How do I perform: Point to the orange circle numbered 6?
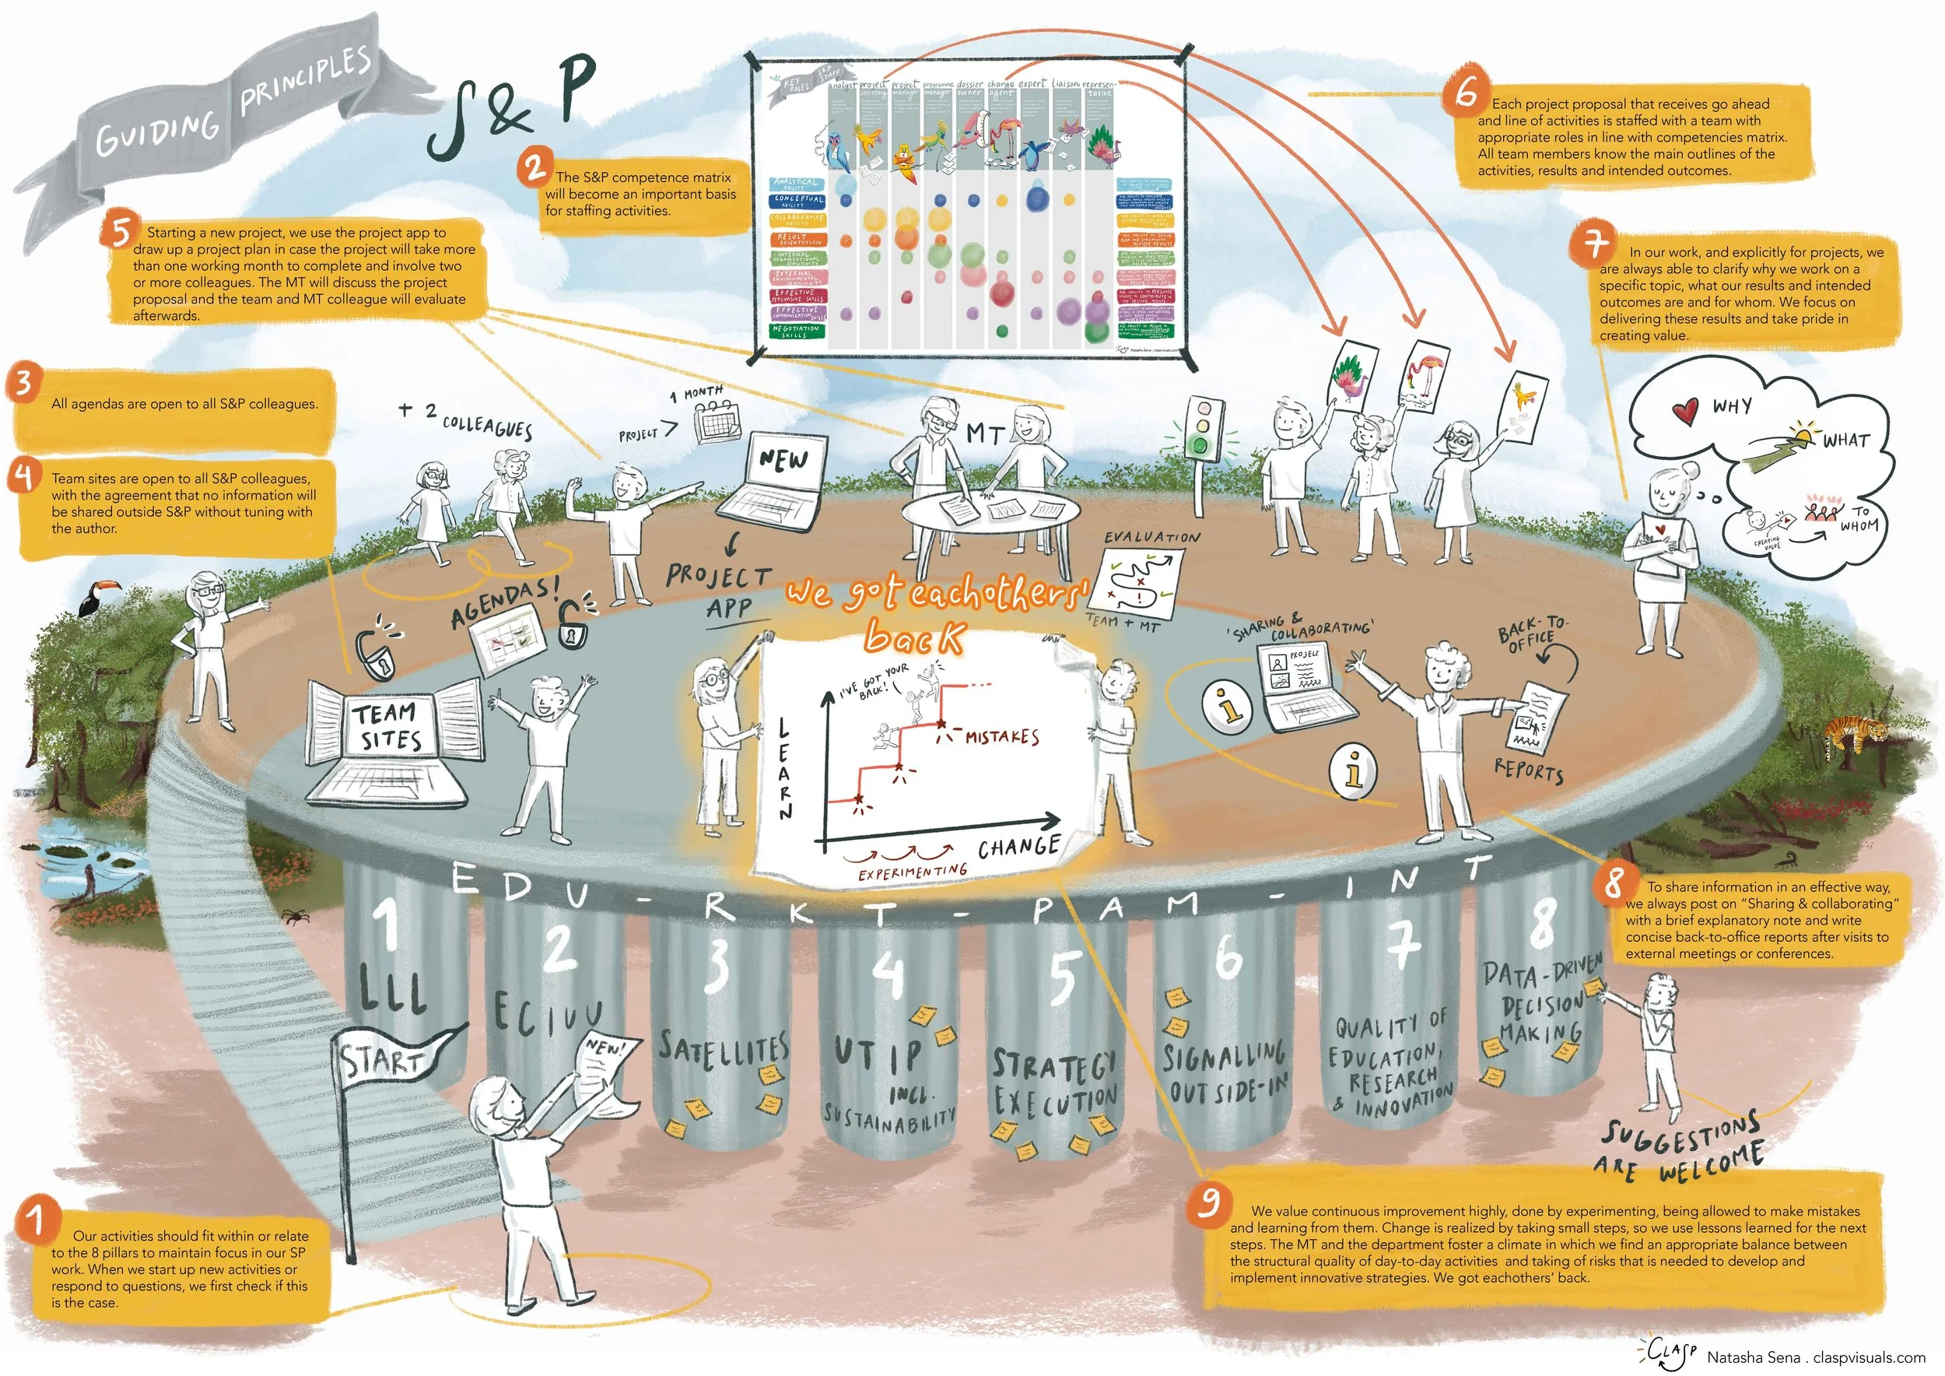point(1467,92)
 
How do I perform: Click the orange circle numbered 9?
point(1211,1202)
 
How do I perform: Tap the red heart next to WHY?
point(1686,411)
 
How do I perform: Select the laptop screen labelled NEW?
point(784,461)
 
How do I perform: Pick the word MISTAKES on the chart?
point(1002,736)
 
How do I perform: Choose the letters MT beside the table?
point(985,434)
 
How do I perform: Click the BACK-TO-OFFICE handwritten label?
point(1532,632)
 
